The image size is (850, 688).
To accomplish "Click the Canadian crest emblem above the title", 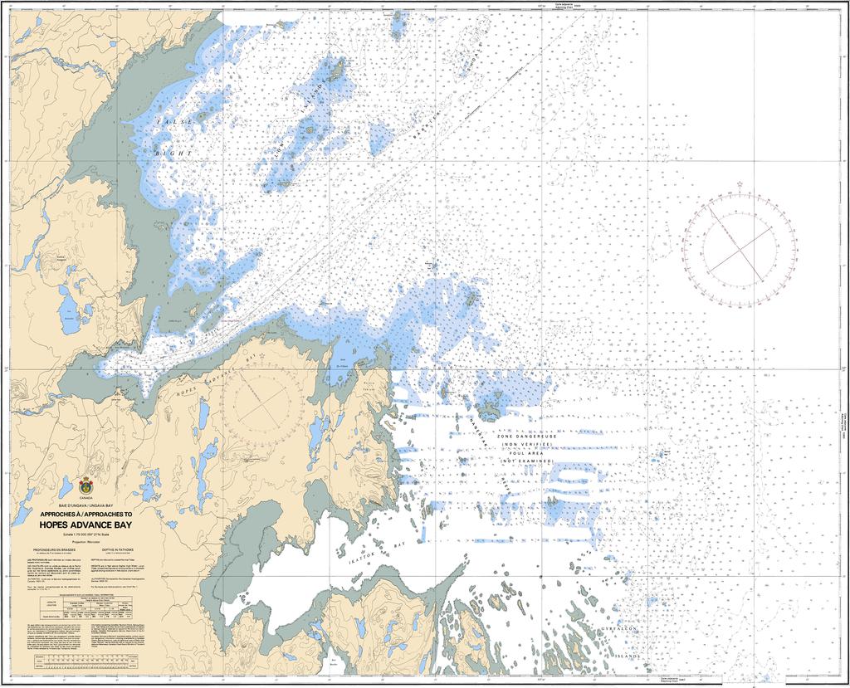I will click(86, 485).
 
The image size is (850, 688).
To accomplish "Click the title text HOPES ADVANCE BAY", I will click(85, 525).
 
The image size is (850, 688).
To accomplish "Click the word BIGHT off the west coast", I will click(178, 154).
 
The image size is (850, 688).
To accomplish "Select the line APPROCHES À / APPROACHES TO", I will click(85, 514).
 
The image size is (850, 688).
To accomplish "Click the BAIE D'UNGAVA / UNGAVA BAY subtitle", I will click(85, 505).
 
